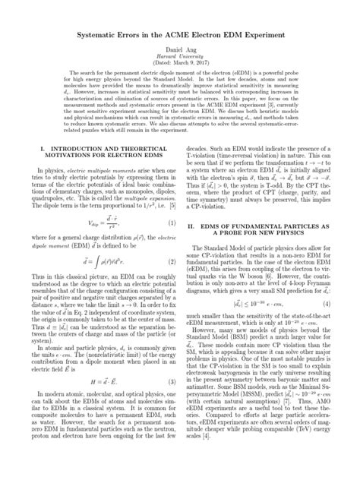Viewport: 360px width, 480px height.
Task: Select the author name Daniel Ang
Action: [180, 48]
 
